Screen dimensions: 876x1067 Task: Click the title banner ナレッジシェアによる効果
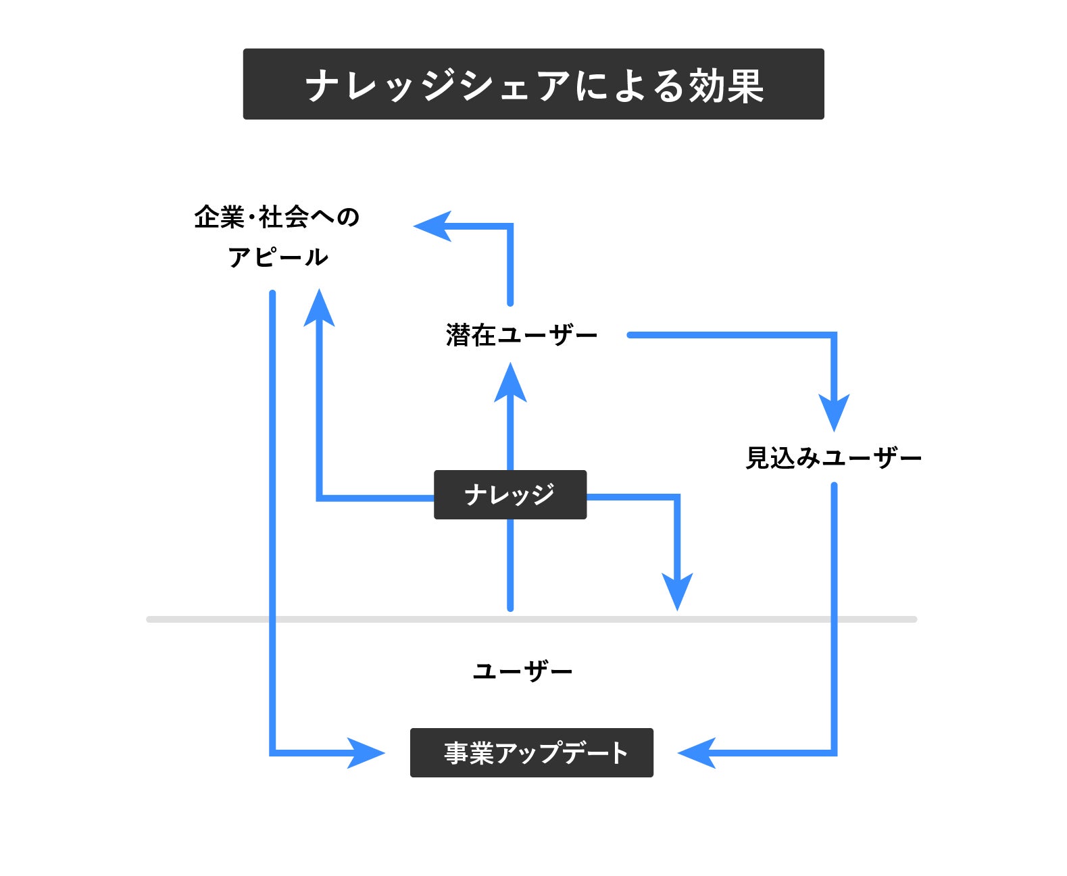pos(533,84)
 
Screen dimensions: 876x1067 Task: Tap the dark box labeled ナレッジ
pos(510,494)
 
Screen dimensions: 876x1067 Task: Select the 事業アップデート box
pos(531,752)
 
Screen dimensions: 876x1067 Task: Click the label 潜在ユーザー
pos(521,335)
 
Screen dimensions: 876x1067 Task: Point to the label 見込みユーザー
pos(833,458)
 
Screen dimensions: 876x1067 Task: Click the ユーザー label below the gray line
pos(522,671)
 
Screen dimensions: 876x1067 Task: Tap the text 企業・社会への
pos(276,217)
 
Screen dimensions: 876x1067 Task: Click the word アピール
pos(278,257)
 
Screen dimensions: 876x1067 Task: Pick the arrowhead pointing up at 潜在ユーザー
pos(510,384)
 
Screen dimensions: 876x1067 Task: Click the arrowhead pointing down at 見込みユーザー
pos(834,411)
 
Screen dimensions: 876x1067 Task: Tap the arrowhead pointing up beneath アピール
pos(319,309)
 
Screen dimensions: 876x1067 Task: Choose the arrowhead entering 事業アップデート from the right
pos(697,752)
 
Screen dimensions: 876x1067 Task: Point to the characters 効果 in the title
pos(726,86)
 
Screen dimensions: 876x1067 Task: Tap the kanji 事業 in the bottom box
pos(469,753)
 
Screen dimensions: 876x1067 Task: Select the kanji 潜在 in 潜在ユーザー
pos(471,335)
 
